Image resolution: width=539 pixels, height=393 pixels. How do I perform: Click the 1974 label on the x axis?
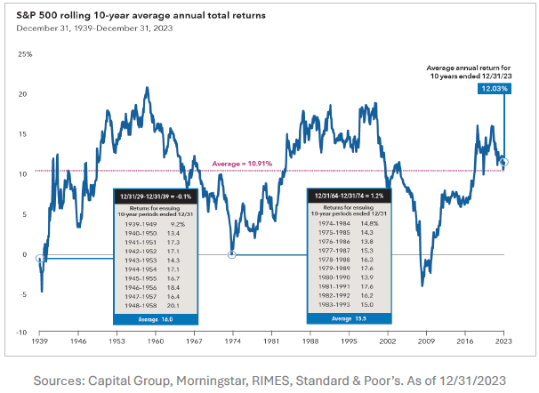[x=232, y=341]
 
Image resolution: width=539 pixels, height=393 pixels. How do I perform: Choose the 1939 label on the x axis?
[x=39, y=341]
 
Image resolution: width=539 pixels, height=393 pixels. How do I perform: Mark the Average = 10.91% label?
[x=242, y=164]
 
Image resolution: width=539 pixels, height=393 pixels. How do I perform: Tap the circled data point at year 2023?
[x=503, y=162]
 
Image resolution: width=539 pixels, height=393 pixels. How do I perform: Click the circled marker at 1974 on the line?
[x=232, y=254]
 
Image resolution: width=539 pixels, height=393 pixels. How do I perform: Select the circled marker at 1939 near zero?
[x=39, y=258]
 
